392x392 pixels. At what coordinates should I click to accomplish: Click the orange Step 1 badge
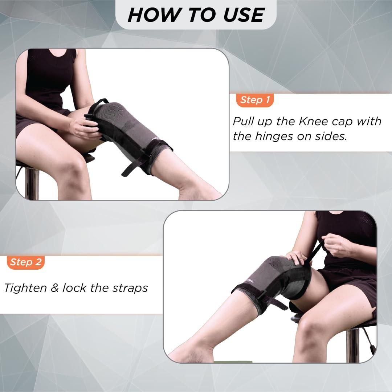(x=255, y=100)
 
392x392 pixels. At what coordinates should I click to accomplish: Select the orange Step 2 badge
(x=25, y=262)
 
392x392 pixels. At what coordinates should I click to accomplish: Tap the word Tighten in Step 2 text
(x=25, y=288)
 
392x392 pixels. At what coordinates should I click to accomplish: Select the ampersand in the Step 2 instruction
(x=54, y=288)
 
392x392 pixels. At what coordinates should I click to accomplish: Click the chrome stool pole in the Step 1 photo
(x=32, y=183)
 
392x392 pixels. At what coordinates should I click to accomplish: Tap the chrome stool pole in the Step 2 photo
(x=352, y=345)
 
